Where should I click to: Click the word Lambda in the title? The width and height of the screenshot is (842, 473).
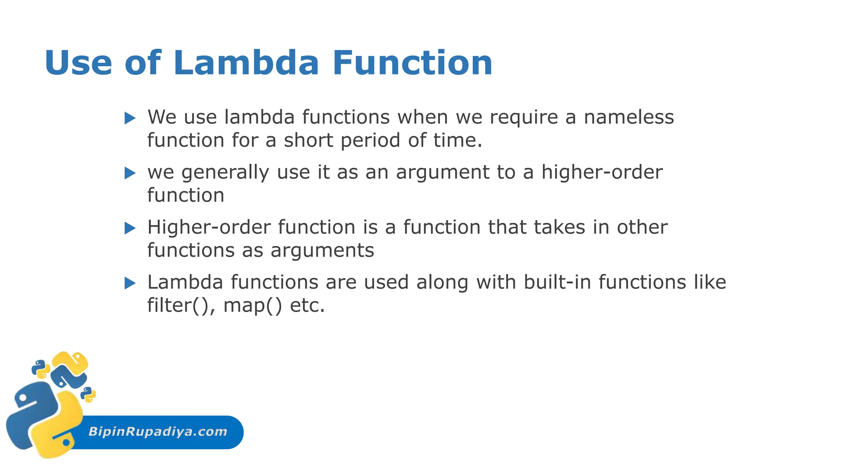point(246,63)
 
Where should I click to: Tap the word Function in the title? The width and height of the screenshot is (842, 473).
point(412,63)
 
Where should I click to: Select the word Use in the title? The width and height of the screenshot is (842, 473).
point(78,63)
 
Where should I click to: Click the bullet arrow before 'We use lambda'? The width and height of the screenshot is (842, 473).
point(130,118)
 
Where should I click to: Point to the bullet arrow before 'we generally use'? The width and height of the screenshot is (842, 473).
point(130,173)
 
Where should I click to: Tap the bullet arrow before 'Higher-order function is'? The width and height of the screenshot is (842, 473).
point(130,228)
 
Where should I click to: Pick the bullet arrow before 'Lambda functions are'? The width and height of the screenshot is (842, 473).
point(130,283)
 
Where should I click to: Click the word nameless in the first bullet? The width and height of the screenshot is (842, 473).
point(629,117)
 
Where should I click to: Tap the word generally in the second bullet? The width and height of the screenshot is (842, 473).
point(225,172)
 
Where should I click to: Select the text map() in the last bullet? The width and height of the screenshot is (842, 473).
point(252,305)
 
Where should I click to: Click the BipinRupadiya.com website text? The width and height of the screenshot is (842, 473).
point(158,432)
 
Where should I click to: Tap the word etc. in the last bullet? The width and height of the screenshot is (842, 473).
point(308,305)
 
